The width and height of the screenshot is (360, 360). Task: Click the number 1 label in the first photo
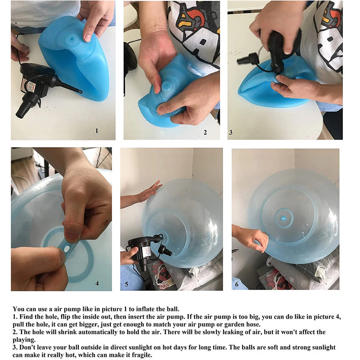coord(97,131)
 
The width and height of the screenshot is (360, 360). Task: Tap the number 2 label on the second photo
coord(205,132)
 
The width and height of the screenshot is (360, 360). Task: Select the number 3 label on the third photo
coord(231,132)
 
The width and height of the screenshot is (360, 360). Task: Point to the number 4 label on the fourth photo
coord(97,283)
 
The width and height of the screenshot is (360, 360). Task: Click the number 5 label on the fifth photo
coord(126,284)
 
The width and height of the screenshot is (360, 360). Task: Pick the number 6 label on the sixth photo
coord(237,284)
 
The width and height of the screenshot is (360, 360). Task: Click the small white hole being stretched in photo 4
coord(67,249)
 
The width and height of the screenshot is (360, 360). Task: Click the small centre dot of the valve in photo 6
coord(284,218)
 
